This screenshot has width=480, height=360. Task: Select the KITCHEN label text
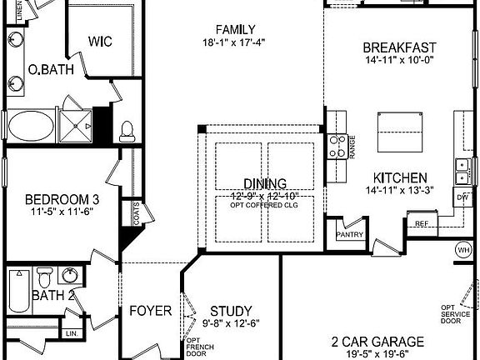click(400, 177)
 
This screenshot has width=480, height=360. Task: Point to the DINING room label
click(265, 183)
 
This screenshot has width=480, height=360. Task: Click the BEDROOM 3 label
click(62, 199)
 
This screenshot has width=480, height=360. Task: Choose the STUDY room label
click(232, 310)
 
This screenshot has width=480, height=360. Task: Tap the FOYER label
click(151, 311)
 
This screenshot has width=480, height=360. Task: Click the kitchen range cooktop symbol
click(337, 147)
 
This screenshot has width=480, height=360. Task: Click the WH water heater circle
click(463, 249)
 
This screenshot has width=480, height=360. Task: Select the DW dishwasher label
click(463, 197)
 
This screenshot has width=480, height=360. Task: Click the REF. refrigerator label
click(422, 223)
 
